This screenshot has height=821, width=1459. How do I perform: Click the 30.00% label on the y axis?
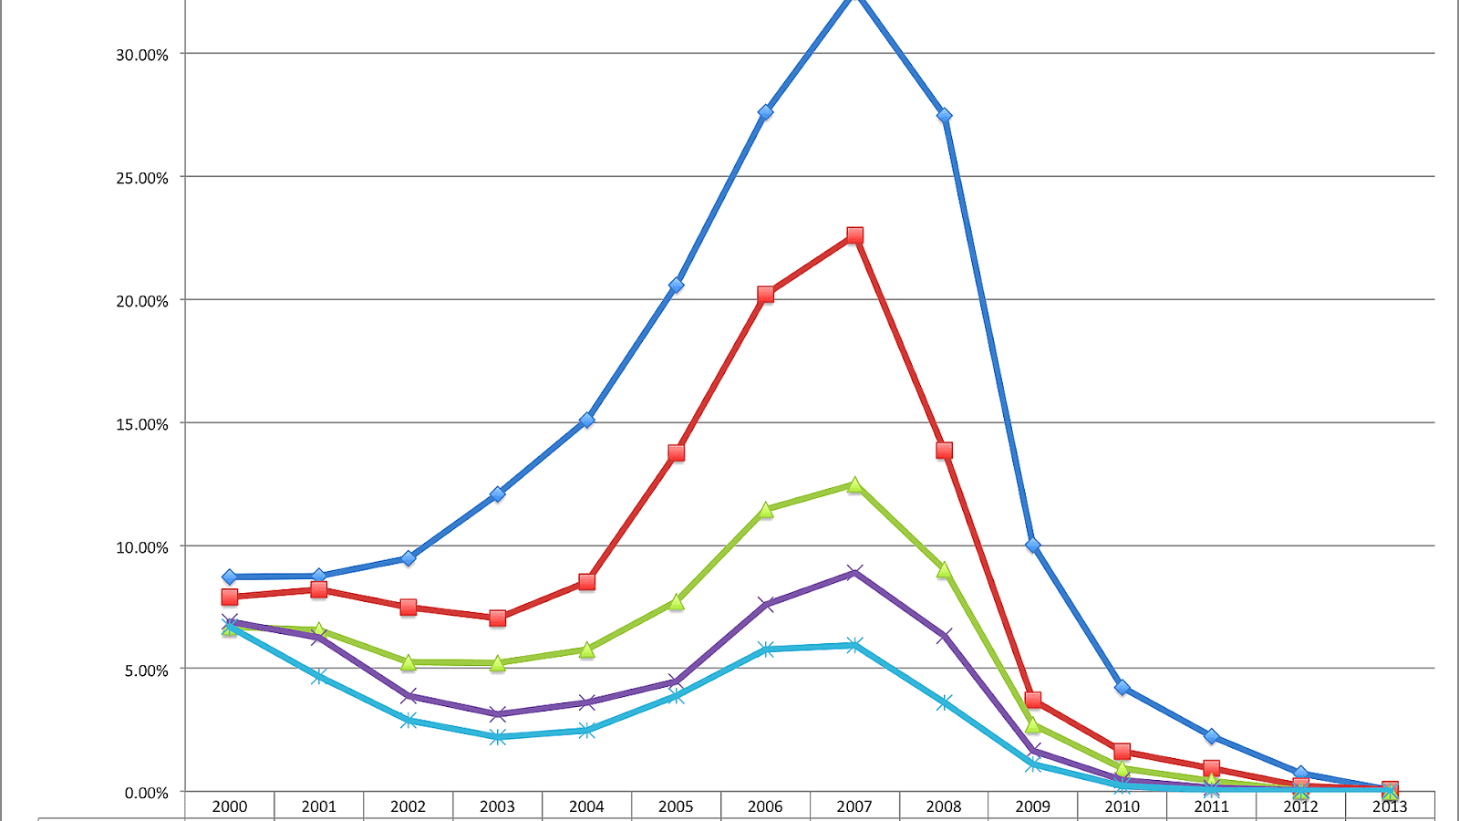tap(141, 55)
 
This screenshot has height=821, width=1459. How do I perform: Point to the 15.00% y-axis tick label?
tap(141, 424)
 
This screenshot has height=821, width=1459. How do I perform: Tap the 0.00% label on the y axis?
tap(146, 793)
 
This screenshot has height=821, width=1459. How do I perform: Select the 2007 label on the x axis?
tap(854, 806)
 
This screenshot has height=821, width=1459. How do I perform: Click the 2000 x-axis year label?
tap(230, 806)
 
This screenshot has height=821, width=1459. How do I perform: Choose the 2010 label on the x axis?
tap(1122, 806)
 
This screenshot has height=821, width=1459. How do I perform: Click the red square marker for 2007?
tap(854, 235)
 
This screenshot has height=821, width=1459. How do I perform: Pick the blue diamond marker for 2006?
tap(765, 112)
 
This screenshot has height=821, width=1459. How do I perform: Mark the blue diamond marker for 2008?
tap(944, 116)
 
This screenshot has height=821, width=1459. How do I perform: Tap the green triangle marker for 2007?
tap(854, 485)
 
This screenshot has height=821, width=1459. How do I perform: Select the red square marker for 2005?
tap(676, 452)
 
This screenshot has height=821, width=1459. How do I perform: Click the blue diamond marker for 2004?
tap(586, 421)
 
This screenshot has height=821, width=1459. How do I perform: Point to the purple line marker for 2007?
tap(854, 573)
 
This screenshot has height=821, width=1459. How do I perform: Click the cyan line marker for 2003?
tap(497, 737)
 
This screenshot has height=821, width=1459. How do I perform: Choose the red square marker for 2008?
tap(944, 451)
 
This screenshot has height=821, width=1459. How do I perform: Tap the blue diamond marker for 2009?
tap(1033, 546)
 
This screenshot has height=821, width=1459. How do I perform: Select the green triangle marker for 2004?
tap(586, 650)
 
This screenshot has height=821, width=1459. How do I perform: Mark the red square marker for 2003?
tap(497, 618)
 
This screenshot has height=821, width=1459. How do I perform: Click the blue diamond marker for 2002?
tap(408, 557)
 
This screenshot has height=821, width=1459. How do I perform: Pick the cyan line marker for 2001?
tap(318, 676)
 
